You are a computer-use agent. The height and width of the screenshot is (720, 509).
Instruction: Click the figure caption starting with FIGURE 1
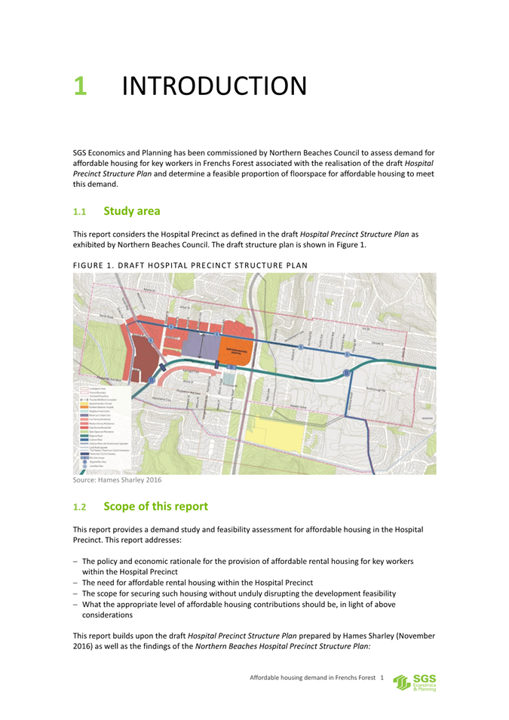coord(191,264)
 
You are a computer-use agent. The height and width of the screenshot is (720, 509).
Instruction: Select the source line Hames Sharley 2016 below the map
coord(117,478)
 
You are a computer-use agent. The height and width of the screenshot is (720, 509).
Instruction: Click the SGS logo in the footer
coord(419,682)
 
